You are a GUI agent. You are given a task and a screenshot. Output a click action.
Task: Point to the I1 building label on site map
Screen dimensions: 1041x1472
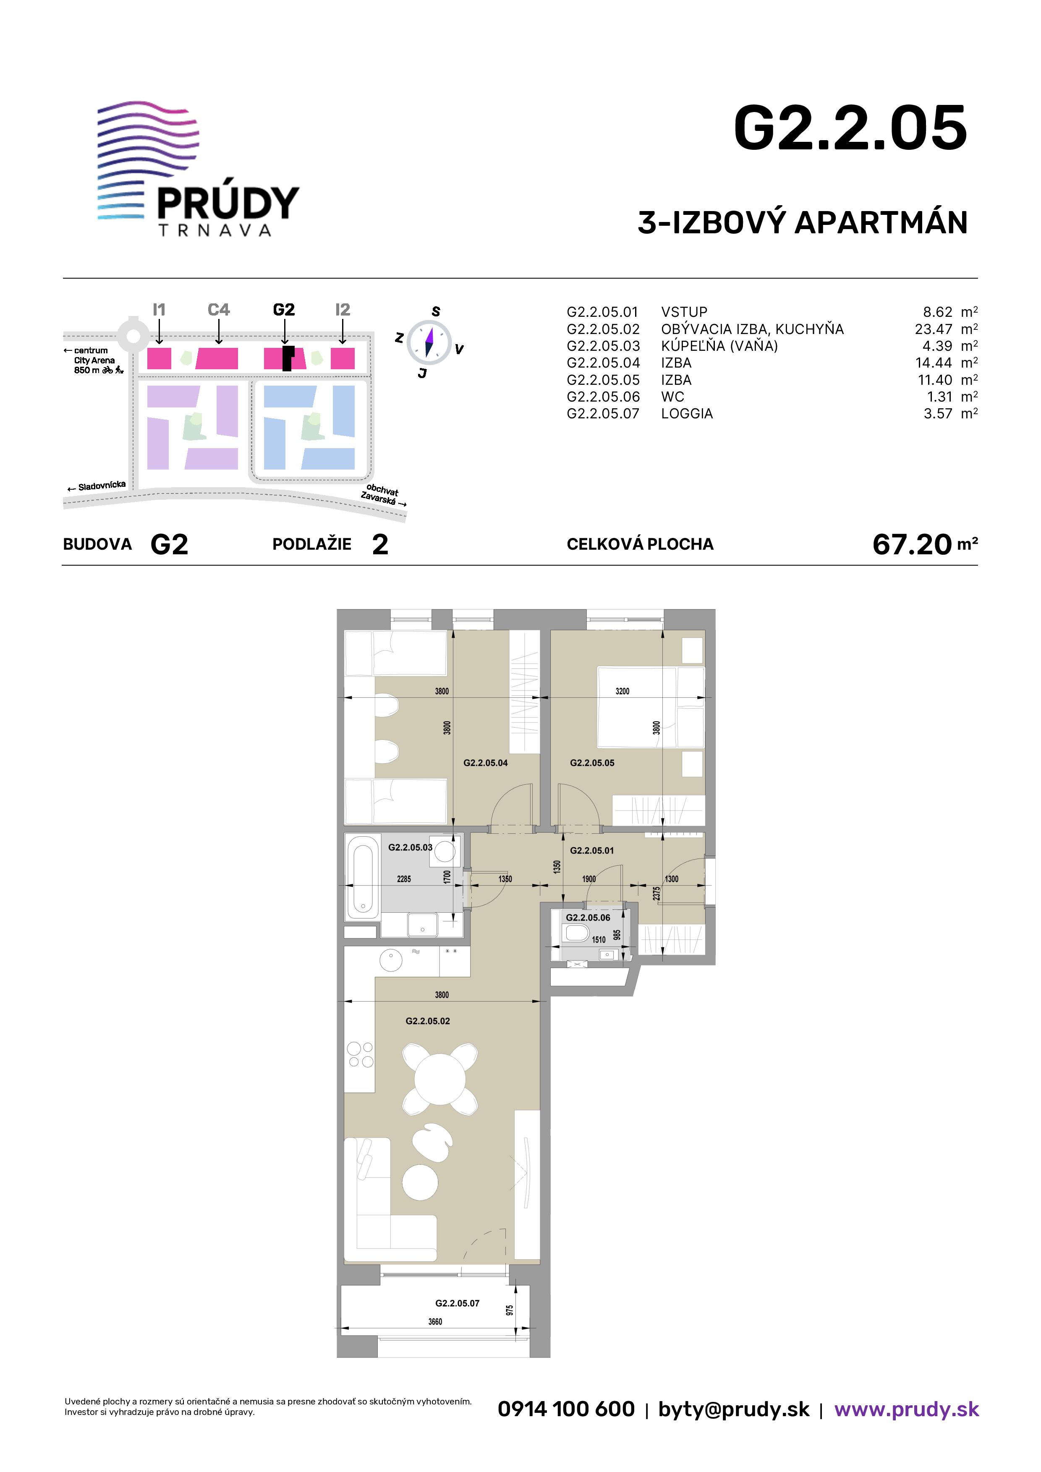click(x=159, y=310)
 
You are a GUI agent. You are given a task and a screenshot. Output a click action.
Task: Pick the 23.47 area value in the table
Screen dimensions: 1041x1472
click(x=933, y=329)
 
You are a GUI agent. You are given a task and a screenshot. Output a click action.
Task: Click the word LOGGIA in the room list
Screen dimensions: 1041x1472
click(x=687, y=413)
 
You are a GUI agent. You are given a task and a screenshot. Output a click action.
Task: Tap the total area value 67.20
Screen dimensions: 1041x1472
click(x=911, y=544)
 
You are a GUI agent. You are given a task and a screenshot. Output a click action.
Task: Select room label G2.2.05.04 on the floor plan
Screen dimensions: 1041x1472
click(x=486, y=763)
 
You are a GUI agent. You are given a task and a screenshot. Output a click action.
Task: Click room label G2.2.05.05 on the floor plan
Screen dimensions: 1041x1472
click(x=592, y=763)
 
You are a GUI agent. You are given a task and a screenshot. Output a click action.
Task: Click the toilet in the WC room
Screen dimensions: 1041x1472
click(x=576, y=933)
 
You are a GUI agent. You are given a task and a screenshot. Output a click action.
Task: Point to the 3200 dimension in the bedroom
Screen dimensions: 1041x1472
click(x=622, y=691)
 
